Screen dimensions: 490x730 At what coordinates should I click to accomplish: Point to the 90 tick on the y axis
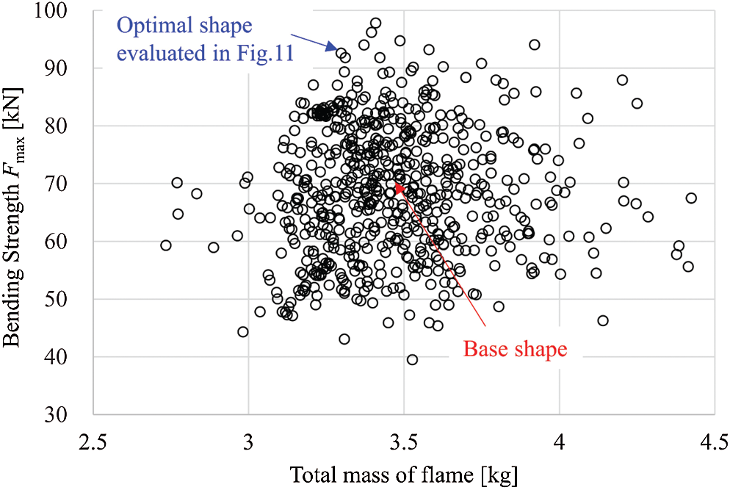point(71,68)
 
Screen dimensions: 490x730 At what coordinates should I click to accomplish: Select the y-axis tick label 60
point(71,241)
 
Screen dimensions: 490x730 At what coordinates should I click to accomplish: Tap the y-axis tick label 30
point(71,414)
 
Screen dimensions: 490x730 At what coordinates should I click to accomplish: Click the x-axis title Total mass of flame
point(404,475)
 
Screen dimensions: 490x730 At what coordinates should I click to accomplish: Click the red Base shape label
point(515,348)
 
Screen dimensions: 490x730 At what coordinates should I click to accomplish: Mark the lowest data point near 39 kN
point(413,359)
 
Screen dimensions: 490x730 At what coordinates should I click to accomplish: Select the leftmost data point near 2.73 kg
point(166,245)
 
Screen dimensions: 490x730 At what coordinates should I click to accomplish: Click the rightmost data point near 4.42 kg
point(691,198)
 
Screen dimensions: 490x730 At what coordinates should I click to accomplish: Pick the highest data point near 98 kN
point(375,24)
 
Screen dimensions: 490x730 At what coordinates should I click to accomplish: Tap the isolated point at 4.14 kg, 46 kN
point(603,320)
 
